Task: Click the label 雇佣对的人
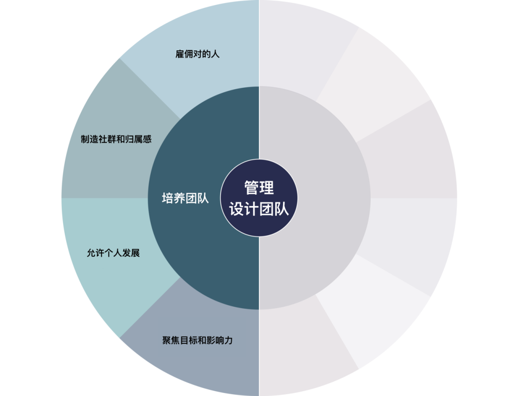[197, 54]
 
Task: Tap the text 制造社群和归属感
[116, 139]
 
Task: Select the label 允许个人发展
[113, 253]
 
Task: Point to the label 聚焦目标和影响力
[198, 341]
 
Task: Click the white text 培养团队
[186, 198]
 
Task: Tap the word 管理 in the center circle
[259, 188]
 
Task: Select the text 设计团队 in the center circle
[259, 209]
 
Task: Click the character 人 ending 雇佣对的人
[215, 54]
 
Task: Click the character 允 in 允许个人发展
[91, 253]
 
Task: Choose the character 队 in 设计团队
[282, 209]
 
